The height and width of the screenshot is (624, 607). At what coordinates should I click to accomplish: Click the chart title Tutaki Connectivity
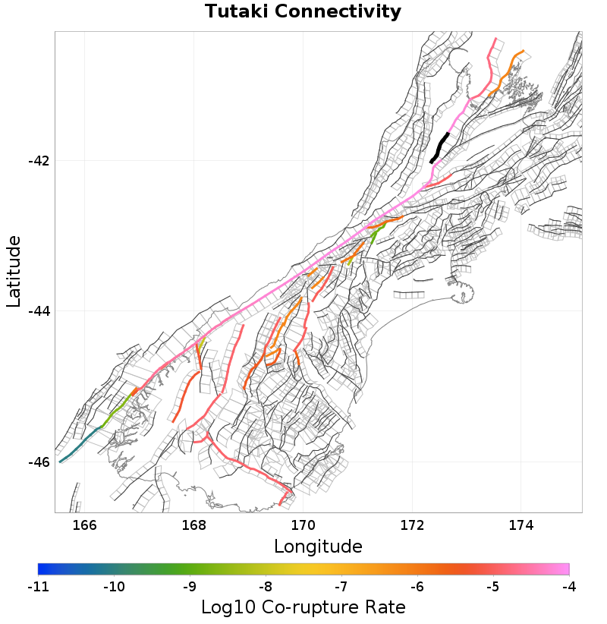click(303, 12)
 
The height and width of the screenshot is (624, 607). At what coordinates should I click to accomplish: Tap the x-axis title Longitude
click(318, 546)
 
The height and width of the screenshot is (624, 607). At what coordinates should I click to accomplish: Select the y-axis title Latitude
click(14, 271)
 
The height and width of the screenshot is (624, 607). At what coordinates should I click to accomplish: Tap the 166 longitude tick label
click(85, 525)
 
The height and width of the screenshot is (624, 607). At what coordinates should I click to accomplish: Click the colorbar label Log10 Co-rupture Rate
click(303, 607)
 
